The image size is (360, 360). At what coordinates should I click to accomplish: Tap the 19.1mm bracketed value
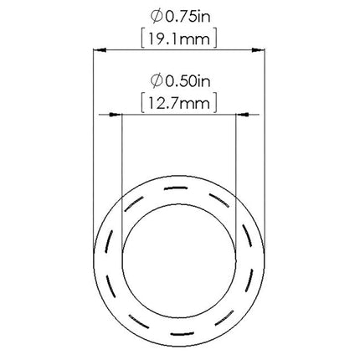(179, 39)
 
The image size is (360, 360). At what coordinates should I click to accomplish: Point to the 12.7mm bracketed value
(178, 104)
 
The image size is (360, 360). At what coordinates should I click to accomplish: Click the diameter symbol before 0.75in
(157, 18)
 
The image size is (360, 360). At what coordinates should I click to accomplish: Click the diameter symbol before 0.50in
(157, 81)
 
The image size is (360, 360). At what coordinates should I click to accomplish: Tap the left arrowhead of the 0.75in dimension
(100, 50)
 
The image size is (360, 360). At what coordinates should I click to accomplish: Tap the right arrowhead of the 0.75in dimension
(258, 50)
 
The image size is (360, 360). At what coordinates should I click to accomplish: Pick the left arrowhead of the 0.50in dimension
(116, 115)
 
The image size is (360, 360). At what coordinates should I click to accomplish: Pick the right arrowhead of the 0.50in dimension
(242, 115)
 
